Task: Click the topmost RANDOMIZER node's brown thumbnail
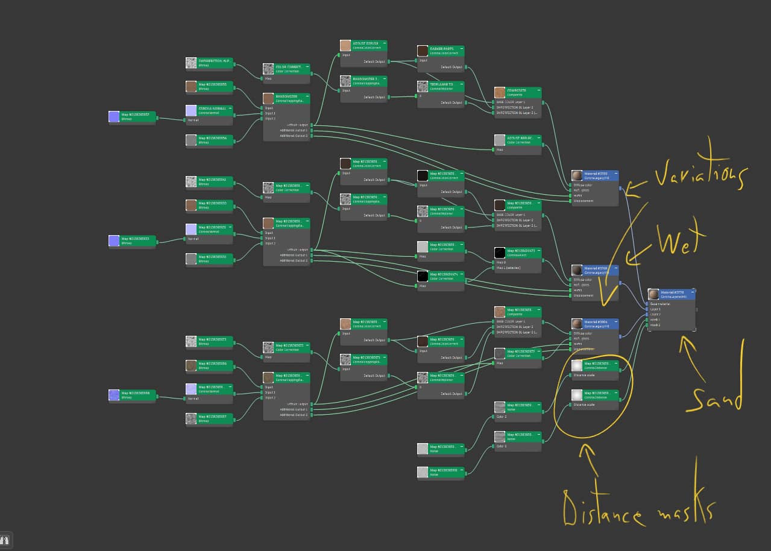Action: point(268,98)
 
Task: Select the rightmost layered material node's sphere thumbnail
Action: point(653,294)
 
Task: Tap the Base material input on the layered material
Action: point(659,304)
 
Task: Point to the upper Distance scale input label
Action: point(584,375)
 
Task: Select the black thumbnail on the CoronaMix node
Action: point(499,253)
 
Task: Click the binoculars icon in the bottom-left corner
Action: point(6,540)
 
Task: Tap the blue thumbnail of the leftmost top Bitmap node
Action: point(114,116)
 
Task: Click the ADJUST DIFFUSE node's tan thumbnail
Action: point(345,45)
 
